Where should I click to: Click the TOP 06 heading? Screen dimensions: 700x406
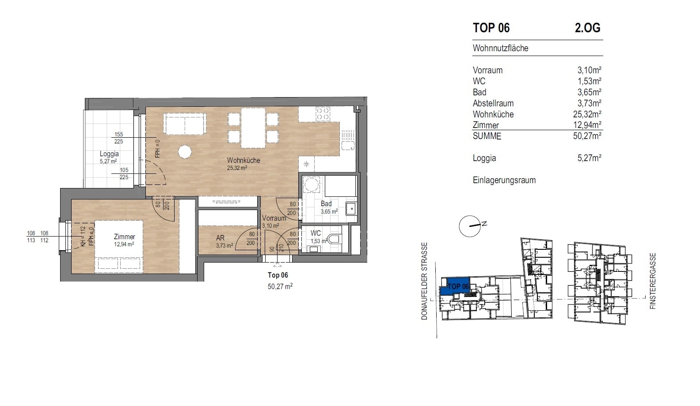tap(491, 28)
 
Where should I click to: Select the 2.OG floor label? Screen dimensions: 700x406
tap(587, 28)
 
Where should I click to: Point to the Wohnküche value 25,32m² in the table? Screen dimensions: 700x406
tap(587, 114)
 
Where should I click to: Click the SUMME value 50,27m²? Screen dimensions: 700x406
tap(587, 136)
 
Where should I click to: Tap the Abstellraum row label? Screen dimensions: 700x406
tap(493, 103)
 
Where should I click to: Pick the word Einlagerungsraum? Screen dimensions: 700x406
tap(504, 180)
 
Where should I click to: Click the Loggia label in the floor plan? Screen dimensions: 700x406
tap(109, 154)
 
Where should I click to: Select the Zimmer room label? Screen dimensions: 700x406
tap(124, 237)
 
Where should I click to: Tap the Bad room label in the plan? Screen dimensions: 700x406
tap(326, 204)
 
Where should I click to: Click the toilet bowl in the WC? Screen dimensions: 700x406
tap(335, 239)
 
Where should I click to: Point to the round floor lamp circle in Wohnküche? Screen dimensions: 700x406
tap(185, 152)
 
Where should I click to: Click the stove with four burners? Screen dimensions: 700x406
tap(323, 114)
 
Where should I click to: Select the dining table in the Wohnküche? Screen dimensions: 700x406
tap(253, 128)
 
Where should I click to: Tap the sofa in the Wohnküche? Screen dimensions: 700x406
tap(185, 124)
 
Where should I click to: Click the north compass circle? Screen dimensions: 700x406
tap(470, 226)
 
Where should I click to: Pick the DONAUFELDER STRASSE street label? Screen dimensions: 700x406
tap(424, 281)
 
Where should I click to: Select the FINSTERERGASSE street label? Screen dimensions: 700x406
tap(653, 281)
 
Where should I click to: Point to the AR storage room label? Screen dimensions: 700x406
tap(220, 238)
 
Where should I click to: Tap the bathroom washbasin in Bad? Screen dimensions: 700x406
tap(351, 209)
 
